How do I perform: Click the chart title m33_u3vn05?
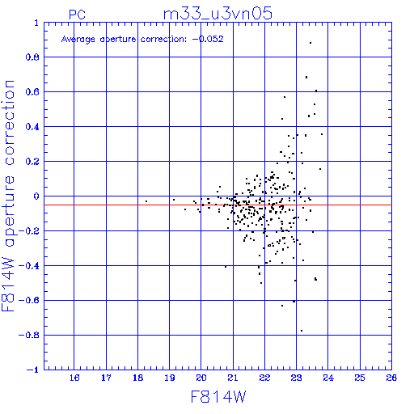pyautogui.click(x=218, y=14)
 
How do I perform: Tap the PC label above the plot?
pyautogui.click(x=77, y=15)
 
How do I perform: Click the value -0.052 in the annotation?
pyautogui.click(x=208, y=39)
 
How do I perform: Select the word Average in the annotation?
pyautogui.click(x=78, y=40)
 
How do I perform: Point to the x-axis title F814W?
pyautogui.click(x=218, y=397)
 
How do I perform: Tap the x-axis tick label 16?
pyautogui.click(x=74, y=378)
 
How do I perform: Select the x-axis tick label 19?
pyautogui.click(x=170, y=378)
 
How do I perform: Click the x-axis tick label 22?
pyautogui.click(x=264, y=378)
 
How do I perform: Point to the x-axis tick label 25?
pyautogui.click(x=360, y=378)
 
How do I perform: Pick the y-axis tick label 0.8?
pyautogui.click(x=32, y=57)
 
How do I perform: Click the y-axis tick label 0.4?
pyautogui.click(x=32, y=127)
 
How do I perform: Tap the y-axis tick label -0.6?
pyautogui.click(x=29, y=300)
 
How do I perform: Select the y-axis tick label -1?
pyautogui.click(x=33, y=370)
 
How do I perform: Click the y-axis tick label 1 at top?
pyautogui.click(x=36, y=23)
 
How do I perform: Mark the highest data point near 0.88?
pyautogui.click(x=310, y=43)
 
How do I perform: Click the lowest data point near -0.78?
pyautogui.click(x=302, y=331)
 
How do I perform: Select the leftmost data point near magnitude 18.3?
pyautogui.click(x=146, y=201)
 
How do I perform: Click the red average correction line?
pyautogui.click(x=218, y=205)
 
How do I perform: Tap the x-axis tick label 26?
pyautogui.click(x=391, y=378)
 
